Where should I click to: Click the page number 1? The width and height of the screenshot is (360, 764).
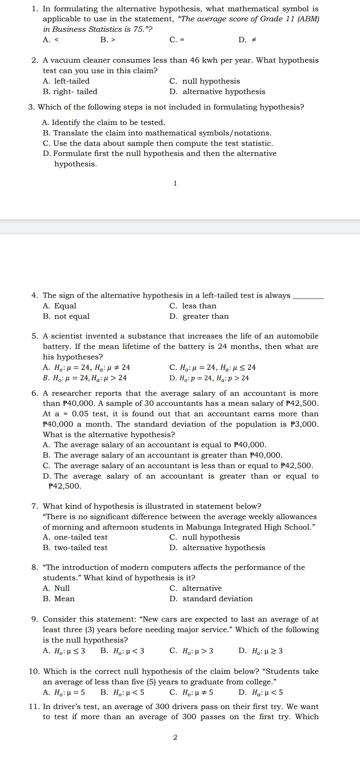(175, 183)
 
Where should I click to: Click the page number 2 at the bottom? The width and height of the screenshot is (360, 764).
(175, 737)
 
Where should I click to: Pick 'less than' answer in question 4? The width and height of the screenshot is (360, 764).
(199, 306)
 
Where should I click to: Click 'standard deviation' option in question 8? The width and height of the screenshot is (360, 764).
(217, 599)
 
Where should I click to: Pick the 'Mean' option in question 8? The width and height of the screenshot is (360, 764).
(64, 599)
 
